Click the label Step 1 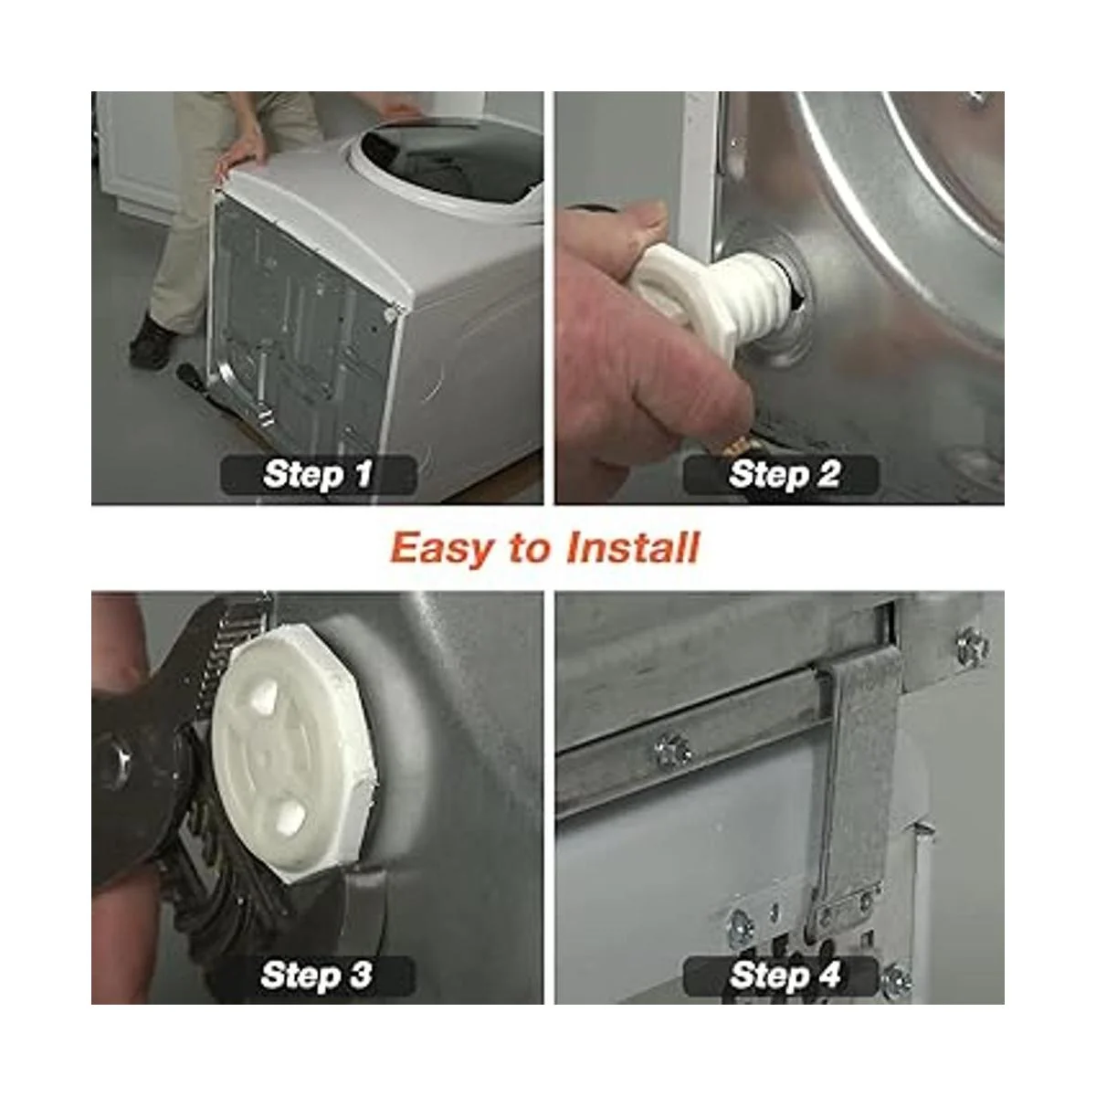(x=319, y=474)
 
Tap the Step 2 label (x=784, y=474)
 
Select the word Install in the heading (x=632, y=547)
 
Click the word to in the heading (x=529, y=550)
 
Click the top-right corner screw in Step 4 (x=972, y=647)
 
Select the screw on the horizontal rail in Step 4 (x=674, y=750)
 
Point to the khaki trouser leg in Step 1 (x=188, y=216)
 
